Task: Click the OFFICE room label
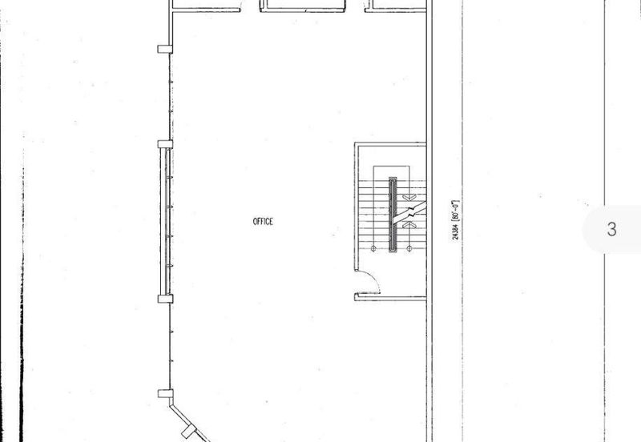click(x=263, y=222)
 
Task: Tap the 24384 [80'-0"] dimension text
click(x=456, y=219)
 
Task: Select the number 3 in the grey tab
click(x=611, y=229)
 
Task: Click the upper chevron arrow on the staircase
click(x=409, y=197)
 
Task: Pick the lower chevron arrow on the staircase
click(x=409, y=225)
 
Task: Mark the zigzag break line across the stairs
click(x=409, y=212)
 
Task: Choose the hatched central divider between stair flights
click(x=393, y=215)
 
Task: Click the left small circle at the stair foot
click(x=373, y=248)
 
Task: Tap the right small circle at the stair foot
click(x=409, y=248)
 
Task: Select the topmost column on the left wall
click(x=165, y=49)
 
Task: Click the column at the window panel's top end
click(x=165, y=144)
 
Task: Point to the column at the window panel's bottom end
click(x=165, y=299)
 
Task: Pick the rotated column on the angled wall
click(x=189, y=431)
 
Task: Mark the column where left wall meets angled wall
click(x=165, y=394)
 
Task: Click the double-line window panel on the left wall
click(x=164, y=222)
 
